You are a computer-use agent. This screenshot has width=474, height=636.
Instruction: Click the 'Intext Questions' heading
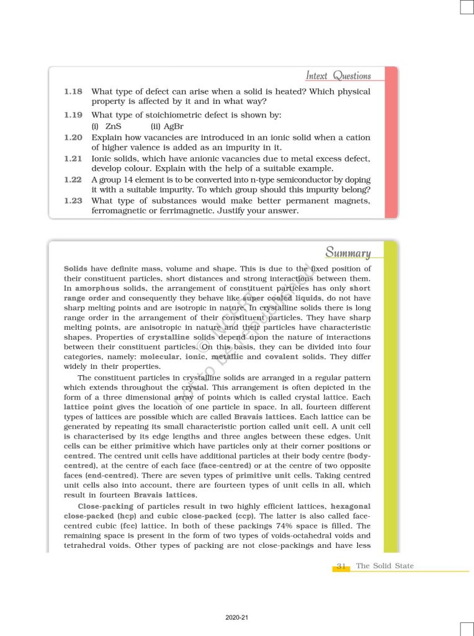pyautogui.click(x=338, y=76)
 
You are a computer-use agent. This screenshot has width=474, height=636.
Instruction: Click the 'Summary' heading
pyautogui.click(x=348, y=253)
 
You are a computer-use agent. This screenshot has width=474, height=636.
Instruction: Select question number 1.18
pyautogui.click(x=73, y=91)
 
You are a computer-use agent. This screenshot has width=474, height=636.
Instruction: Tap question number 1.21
pyautogui.click(x=73, y=158)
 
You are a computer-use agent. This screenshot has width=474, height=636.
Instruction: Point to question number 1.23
pyautogui.click(x=73, y=201)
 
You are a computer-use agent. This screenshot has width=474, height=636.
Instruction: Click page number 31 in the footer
pyautogui.click(x=341, y=566)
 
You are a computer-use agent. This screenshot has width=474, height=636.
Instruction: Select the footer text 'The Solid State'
pyautogui.click(x=385, y=566)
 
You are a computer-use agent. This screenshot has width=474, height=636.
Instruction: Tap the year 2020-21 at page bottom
pyautogui.click(x=236, y=618)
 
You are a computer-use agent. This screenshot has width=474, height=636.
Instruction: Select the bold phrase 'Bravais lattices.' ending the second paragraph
pyautogui.click(x=159, y=495)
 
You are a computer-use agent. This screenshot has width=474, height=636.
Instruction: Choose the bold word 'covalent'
pyautogui.click(x=282, y=357)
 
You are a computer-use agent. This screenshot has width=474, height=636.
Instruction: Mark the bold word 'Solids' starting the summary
pyautogui.click(x=76, y=269)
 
